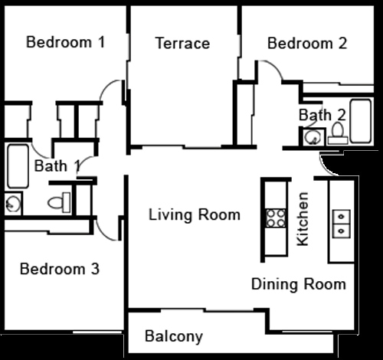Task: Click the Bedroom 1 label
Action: tap(66, 42)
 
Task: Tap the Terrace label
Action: tap(182, 43)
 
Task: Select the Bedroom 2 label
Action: tap(307, 43)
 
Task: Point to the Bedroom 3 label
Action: tap(60, 269)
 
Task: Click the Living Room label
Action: tap(195, 214)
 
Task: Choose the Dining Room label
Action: tap(299, 284)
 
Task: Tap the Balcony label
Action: tap(174, 336)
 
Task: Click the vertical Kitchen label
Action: tap(303, 219)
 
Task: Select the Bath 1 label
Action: tap(57, 165)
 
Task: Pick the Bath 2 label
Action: tap(322, 115)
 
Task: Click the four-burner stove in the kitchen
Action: tap(276, 218)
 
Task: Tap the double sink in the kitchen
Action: tap(342, 224)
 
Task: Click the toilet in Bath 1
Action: tap(59, 202)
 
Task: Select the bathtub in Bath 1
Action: tap(18, 166)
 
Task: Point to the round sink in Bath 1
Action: tap(13, 204)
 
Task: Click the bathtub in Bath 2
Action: tap(361, 121)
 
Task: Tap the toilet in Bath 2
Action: tap(338, 133)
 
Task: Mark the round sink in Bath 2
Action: tap(312, 138)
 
